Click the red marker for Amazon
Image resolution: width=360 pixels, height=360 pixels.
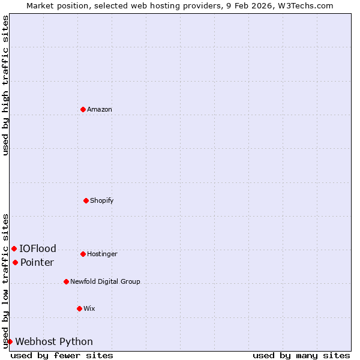(x=83, y=109)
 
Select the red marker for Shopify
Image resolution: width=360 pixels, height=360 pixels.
(x=86, y=200)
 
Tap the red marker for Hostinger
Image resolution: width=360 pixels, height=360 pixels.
(x=83, y=254)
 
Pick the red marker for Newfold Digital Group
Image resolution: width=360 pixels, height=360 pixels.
(x=66, y=281)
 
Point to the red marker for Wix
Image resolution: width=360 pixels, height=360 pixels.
(x=79, y=308)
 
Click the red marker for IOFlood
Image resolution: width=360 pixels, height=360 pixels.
(x=14, y=248)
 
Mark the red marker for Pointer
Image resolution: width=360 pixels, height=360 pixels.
(x=15, y=262)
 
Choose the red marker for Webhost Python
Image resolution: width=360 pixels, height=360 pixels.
(x=10, y=341)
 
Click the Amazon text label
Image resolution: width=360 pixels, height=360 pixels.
(x=100, y=109)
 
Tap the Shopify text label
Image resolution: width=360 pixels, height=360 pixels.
(x=102, y=200)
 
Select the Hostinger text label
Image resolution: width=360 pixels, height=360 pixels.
(x=102, y=254)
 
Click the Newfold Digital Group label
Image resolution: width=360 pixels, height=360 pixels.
(x=105, y=281)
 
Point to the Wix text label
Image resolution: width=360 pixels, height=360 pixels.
(x=89, y=308)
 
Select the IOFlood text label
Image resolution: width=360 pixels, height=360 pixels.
(x=38, y=248)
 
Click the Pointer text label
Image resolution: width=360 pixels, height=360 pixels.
(x=37, y=262)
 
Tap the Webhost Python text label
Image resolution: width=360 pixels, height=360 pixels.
(x=54, y=341)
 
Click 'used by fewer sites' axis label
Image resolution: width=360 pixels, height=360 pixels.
(x=62, y=355)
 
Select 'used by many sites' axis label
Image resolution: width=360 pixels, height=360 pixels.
(x=301, y=355)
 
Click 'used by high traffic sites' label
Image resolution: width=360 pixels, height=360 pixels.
(x=5, y=85)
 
